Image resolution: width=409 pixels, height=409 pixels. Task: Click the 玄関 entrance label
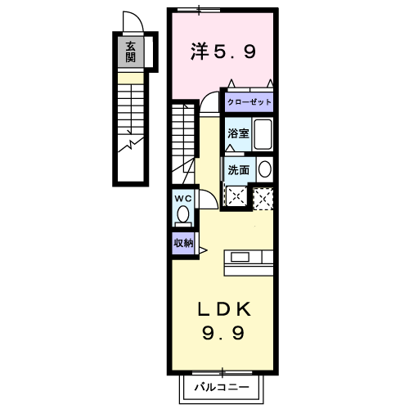[130, 52]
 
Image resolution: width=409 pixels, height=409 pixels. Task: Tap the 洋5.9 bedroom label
[223, 51]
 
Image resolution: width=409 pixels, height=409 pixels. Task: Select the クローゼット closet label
[249, 102]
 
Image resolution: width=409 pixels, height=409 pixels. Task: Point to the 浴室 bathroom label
[238, 133]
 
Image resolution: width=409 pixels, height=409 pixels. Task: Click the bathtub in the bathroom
[263, 134]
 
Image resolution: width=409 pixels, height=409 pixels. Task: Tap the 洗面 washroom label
[239, 170]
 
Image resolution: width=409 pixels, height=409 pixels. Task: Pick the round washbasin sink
[265, 169]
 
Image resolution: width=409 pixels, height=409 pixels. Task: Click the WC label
[183, 199]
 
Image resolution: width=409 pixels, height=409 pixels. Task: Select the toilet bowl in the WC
[183, 214]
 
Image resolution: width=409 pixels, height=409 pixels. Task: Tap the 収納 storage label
[183, 243]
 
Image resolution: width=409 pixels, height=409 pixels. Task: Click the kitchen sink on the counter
[240, 257]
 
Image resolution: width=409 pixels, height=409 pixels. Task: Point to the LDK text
[223, 309]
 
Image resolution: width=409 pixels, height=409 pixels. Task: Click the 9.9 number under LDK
[223, 333]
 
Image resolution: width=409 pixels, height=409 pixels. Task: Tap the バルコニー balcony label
[222, 387]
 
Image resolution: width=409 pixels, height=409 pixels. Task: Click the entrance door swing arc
[137, 16]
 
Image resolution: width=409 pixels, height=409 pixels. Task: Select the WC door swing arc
[212, 196]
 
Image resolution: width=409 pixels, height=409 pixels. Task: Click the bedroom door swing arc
[207, 96]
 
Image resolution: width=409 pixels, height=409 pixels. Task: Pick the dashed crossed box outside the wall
[263, 199]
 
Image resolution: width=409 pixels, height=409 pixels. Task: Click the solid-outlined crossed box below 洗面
[236, 196]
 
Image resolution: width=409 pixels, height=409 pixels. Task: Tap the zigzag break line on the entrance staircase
[131, 144]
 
